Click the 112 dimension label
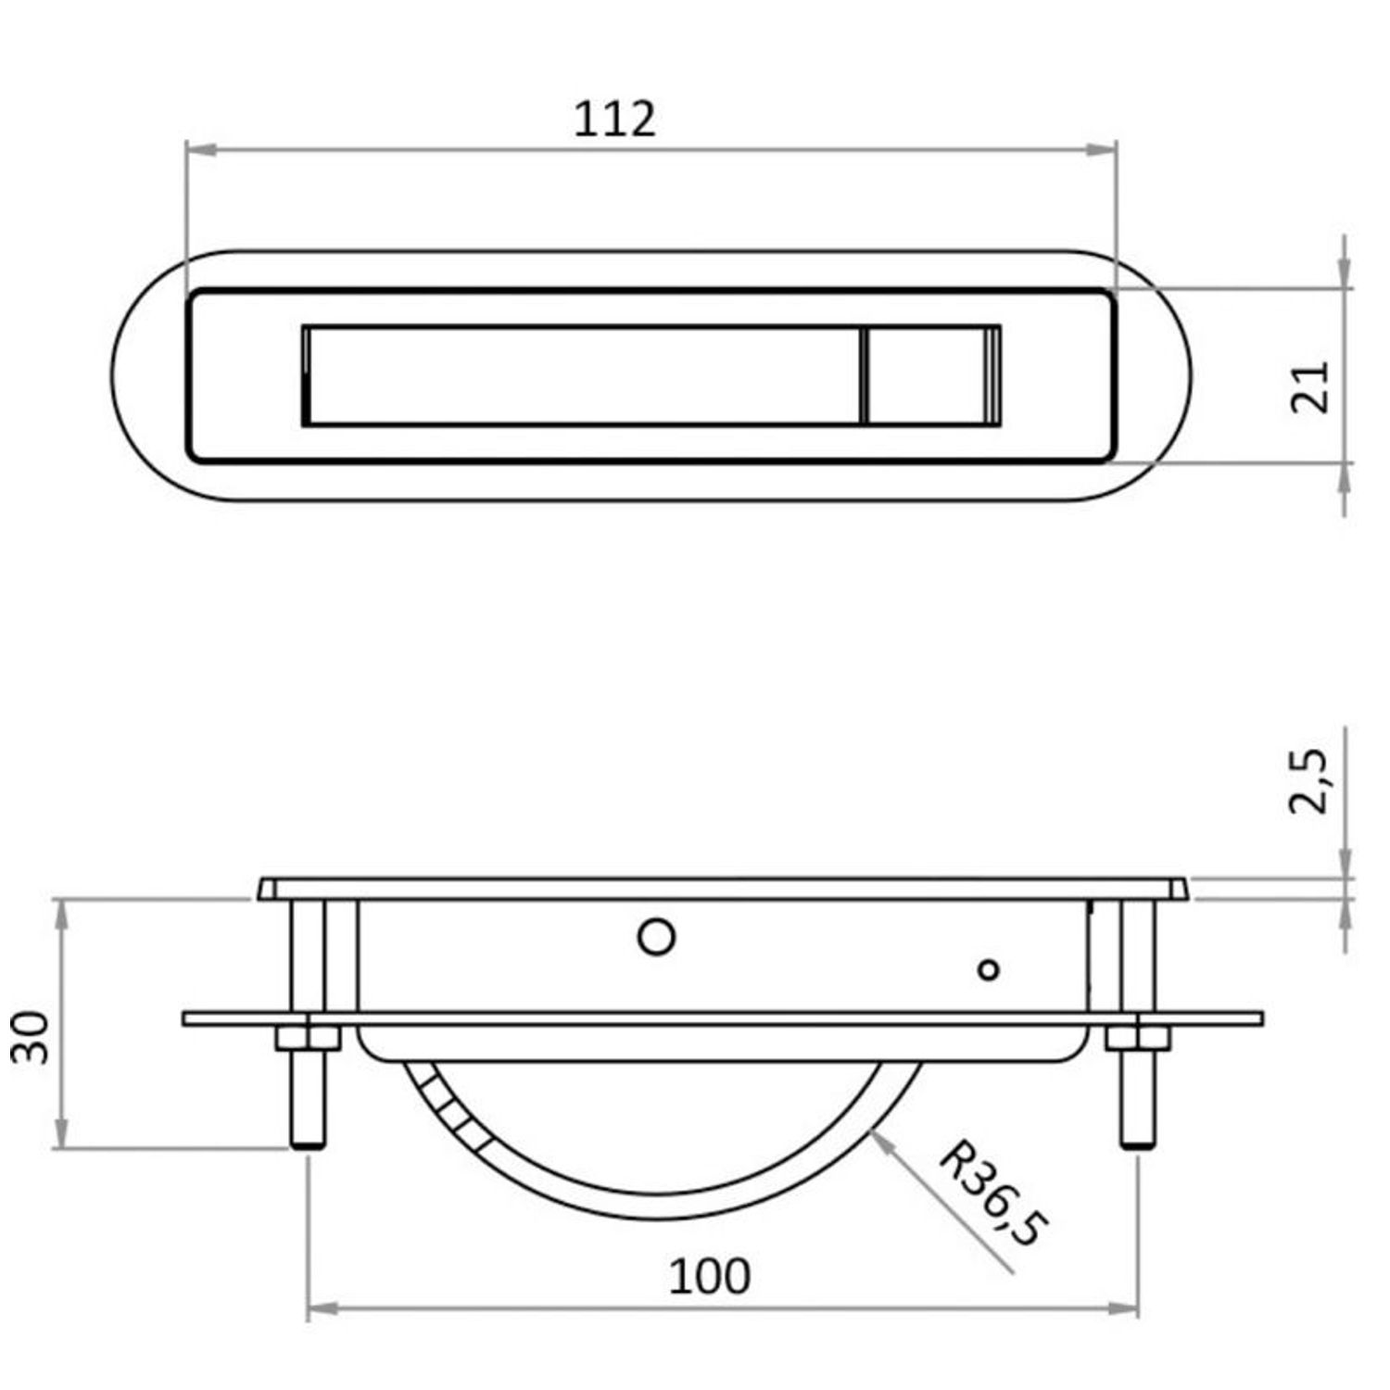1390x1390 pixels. point(614,119)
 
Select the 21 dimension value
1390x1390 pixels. point(1310,385)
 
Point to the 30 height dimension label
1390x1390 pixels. point(30,1037)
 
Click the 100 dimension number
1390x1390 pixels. point(709,1276)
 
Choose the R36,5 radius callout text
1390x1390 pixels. point(993,1194)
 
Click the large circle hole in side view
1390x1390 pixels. point(657,937)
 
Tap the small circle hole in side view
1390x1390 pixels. point(989,970)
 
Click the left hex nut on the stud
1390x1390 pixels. point(308,1037)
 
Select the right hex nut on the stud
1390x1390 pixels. point(1138,1037)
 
